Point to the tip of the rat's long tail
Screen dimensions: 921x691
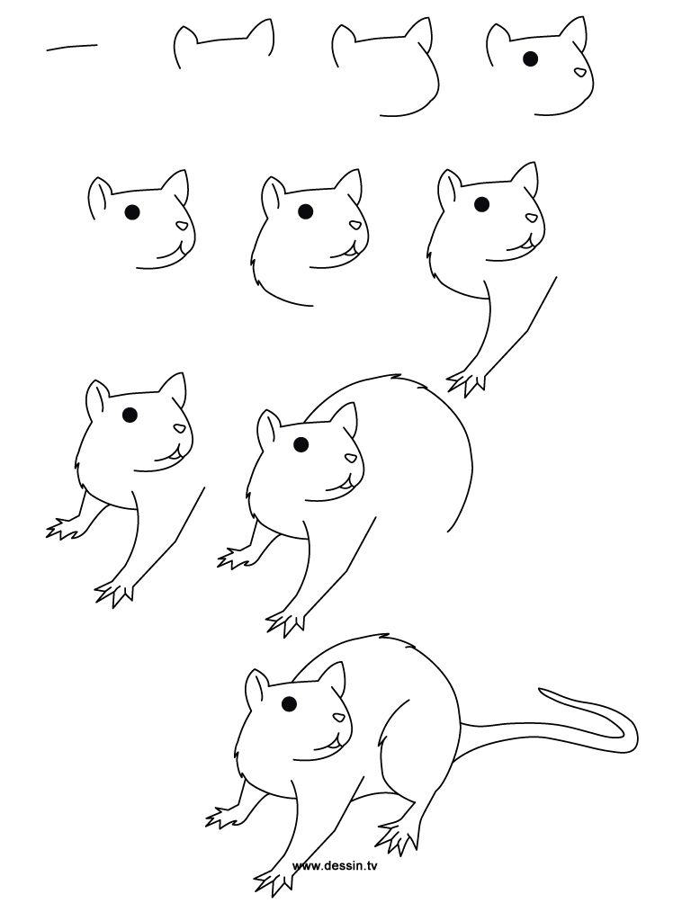542,691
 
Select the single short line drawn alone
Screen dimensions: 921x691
72,46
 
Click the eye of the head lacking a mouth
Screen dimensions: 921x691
531,59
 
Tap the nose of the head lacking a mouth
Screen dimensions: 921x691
581,74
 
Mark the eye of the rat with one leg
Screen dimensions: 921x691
481,205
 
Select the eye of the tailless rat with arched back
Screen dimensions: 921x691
301,444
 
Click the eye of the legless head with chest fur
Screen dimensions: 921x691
305,211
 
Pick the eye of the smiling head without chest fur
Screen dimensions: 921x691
131,212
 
